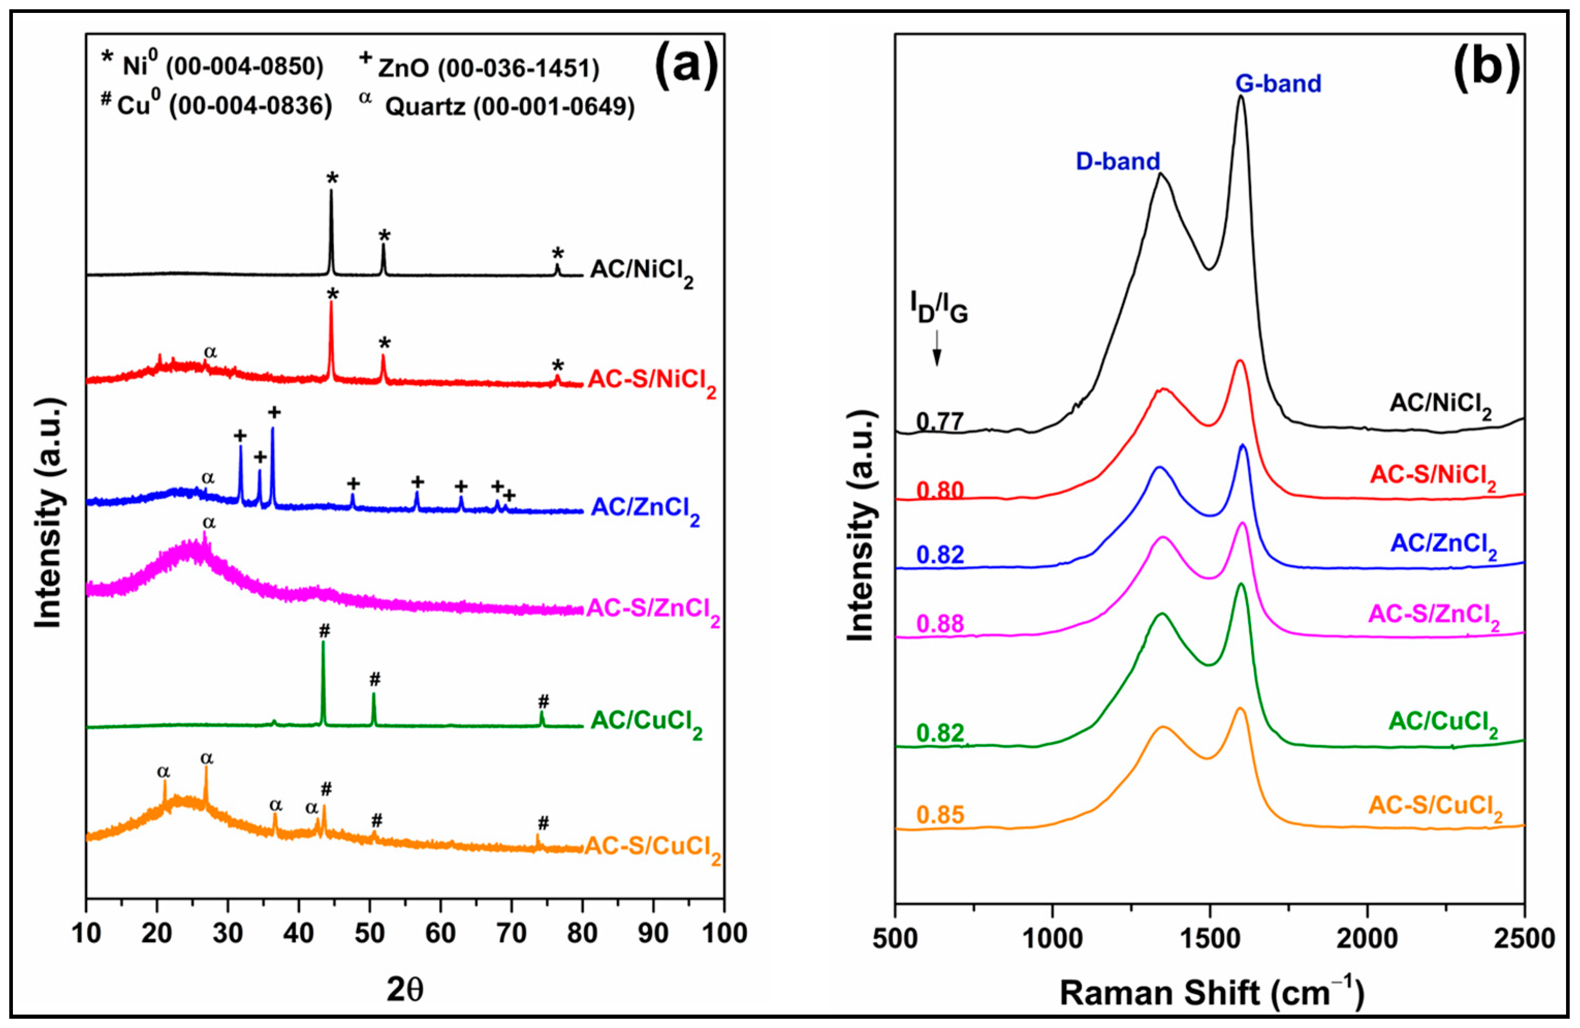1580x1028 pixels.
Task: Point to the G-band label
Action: (x=1278, y=84)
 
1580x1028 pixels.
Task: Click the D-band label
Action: (x=1118, y=161)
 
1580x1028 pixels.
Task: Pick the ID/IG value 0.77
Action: (x=939, y=422)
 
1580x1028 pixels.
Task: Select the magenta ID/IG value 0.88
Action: (x=939, y=623)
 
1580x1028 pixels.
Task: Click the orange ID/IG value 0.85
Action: (x=939, y=814)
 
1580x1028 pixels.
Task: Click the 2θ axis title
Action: (x=405, y=990)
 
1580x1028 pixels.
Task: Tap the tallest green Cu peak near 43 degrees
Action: (x=323, y=644)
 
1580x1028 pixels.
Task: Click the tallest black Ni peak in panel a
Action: (x=331, y=192)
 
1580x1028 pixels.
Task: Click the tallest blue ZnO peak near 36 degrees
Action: (x=273, y=430)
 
